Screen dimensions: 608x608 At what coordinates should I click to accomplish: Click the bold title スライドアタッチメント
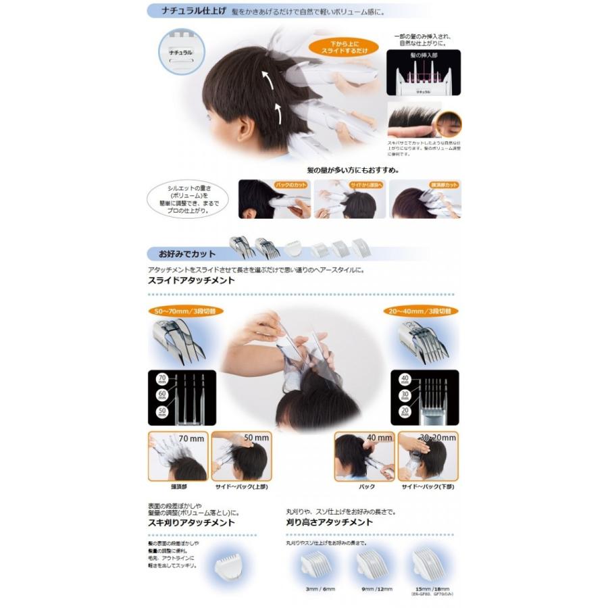click(191, 280)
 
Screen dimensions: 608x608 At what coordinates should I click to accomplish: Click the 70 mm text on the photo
click(192, 438)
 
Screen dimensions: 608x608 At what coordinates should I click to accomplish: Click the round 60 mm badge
click(162, 394)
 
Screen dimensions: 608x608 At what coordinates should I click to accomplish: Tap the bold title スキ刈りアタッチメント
click(191, 522)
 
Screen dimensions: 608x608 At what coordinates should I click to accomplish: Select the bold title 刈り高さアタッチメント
click(330, 522)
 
